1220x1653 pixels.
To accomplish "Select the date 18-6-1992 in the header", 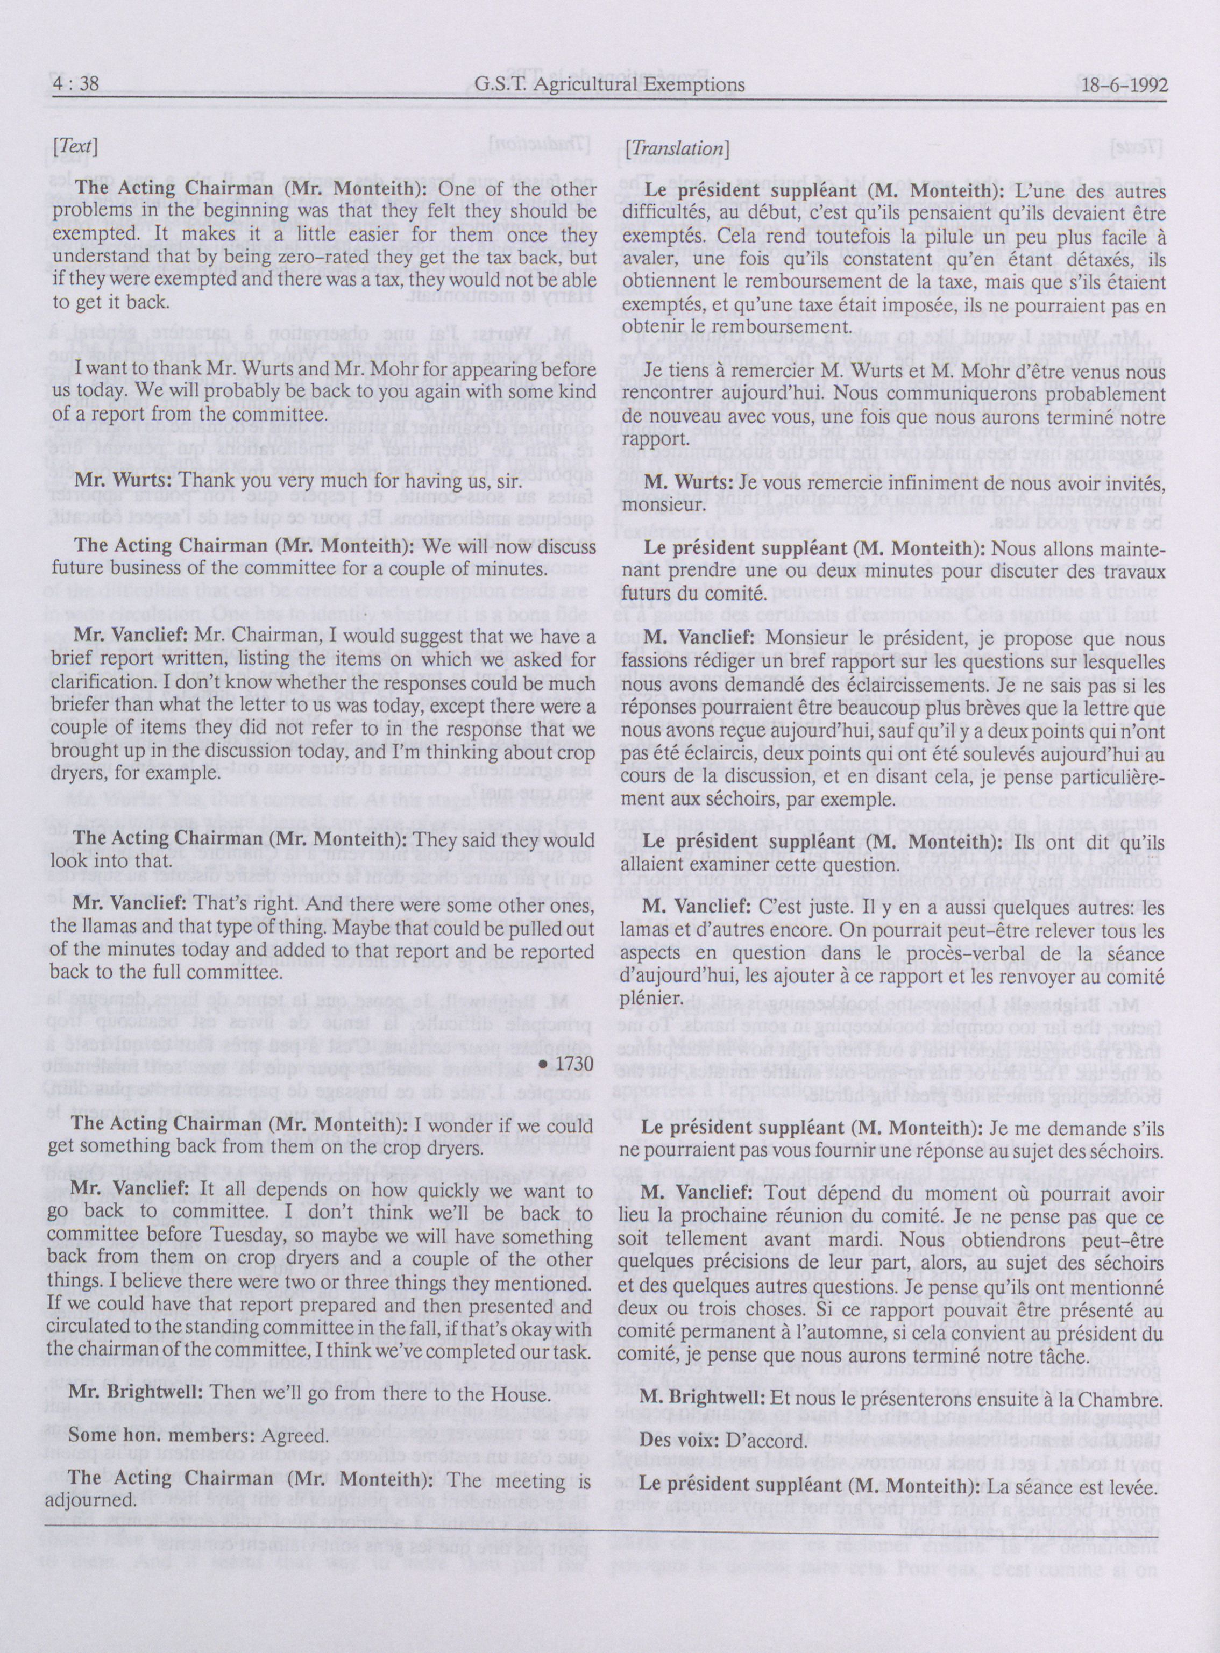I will point(1124,85).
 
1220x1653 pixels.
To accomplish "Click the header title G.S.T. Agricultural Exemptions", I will point(610,85).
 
